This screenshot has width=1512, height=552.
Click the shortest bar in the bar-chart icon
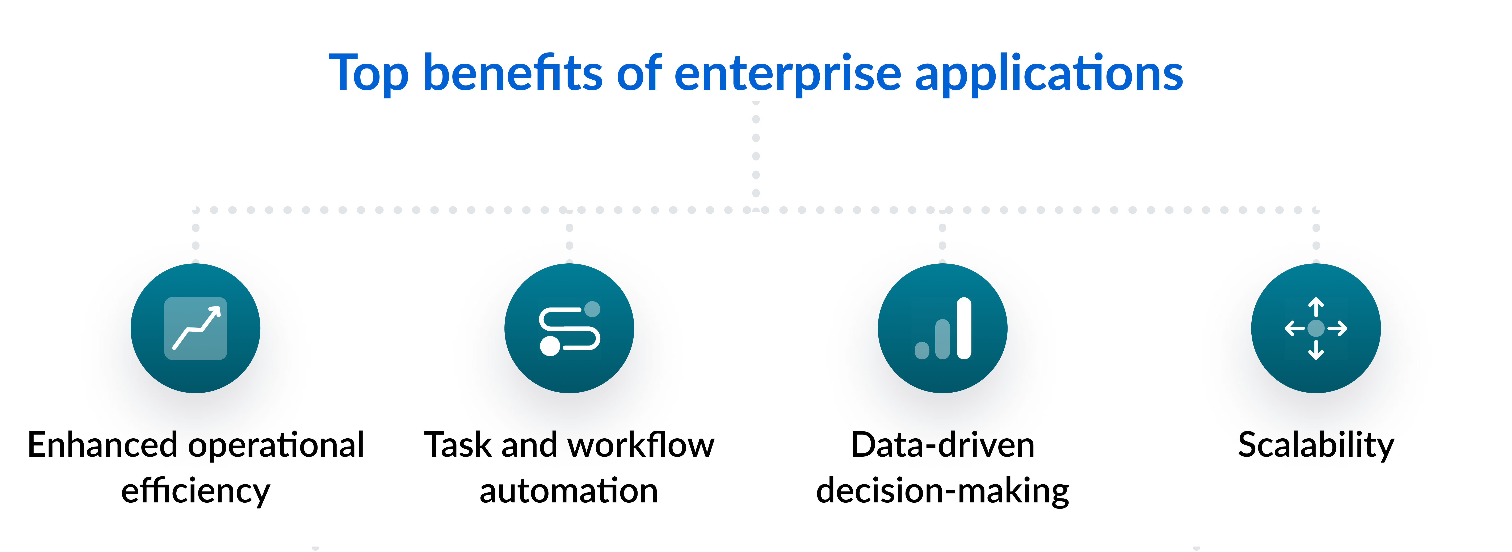pyautogui.click(x=922, y=350)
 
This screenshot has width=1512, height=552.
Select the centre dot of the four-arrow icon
pyautogui.click(x=1316, y=328)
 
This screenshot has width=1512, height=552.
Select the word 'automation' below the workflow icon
pyautogui.click(x=569, y=491)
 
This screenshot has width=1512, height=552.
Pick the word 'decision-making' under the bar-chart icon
pyautogui.click(x=943, y=491)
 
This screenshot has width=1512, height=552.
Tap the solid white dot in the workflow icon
pyautogui.click(x=550, y=346)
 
